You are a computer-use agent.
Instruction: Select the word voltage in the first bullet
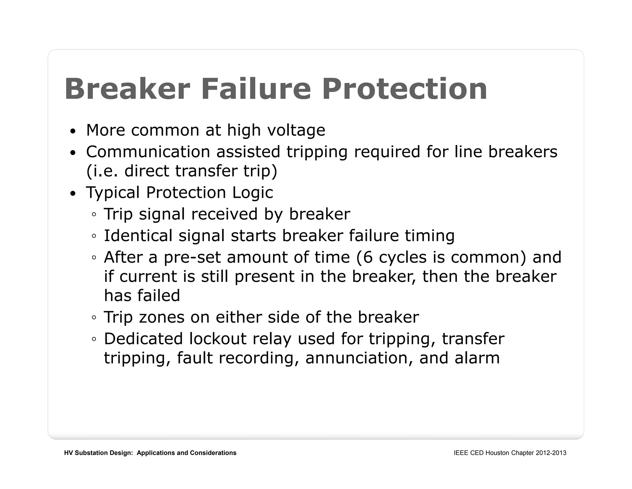pos(296,130)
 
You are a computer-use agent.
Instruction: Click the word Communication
pos(148,152)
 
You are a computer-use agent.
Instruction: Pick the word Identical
pos(138,236)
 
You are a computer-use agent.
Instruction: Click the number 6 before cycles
pos(368,257)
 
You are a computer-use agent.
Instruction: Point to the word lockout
pos(218,339)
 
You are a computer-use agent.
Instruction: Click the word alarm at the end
pos(477,358)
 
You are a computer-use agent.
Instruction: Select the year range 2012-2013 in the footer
pos(551,453)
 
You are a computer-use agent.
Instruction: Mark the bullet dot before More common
pos(73,131)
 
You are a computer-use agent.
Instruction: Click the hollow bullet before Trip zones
pos(94,317)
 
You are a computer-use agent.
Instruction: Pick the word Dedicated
pos(144,339)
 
